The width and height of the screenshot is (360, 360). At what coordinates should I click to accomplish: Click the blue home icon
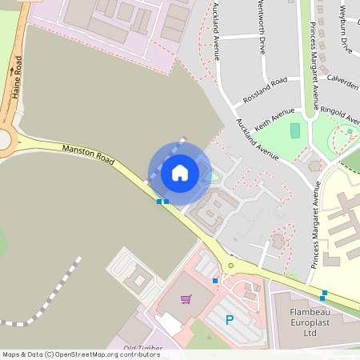pos(180,172)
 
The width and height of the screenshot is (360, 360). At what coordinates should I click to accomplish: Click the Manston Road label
pos(88,153)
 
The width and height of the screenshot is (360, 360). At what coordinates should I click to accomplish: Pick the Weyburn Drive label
pos(345,29)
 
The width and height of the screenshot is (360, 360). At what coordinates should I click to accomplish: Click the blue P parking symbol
pos(230,320)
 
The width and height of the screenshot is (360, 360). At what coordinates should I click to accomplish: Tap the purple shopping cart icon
pos(186,299)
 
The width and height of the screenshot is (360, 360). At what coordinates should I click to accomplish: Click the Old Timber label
pos(144,348)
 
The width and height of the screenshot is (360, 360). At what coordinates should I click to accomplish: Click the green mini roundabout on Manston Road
pos(231,266)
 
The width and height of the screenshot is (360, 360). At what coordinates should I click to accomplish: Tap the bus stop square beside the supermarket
pos(215,281)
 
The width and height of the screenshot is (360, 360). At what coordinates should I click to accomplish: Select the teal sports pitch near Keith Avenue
pos(295,130)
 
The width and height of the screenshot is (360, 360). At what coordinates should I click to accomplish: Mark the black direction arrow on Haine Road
pos(12,70)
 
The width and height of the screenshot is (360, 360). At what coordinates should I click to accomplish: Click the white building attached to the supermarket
pos(169,324)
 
